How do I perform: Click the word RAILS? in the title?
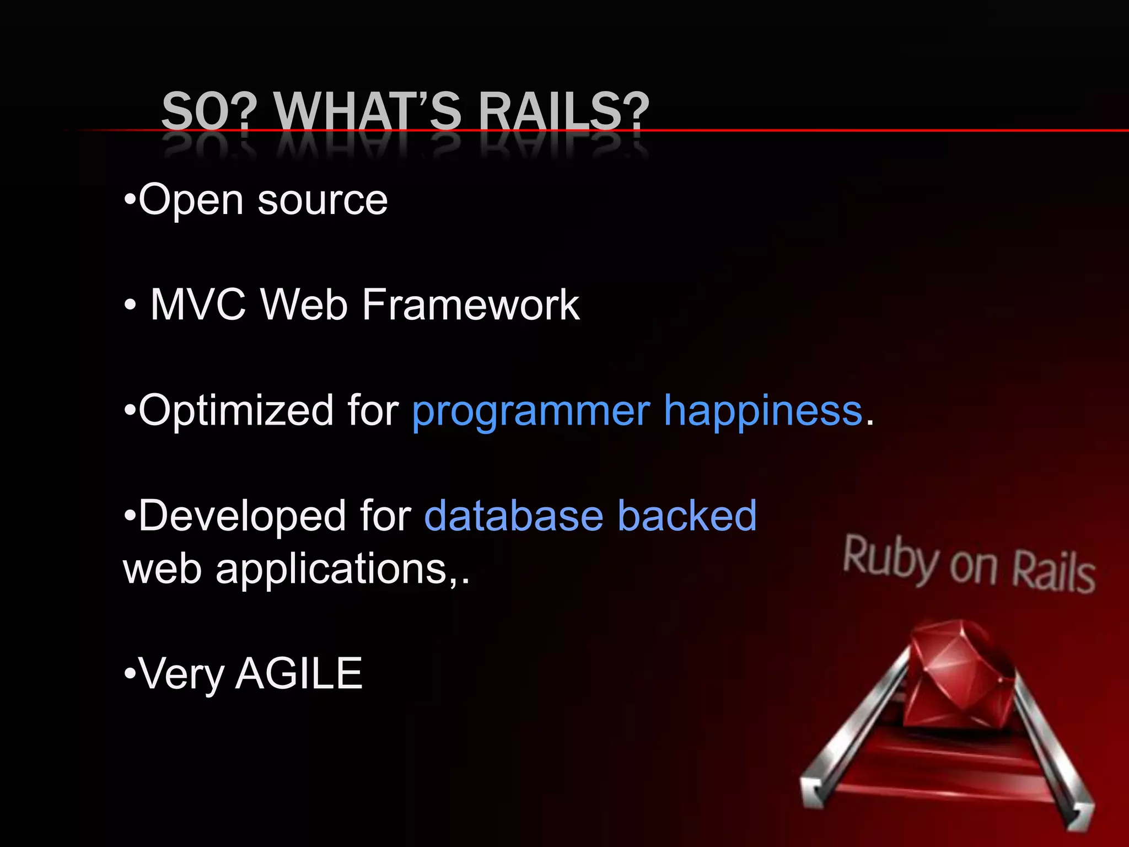(563, 111)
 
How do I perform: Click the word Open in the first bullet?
(191, 200)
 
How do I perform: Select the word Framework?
(471, 304)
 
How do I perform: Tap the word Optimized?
(236, 411)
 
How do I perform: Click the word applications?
(331, 570)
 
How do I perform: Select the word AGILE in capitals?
(299, 673)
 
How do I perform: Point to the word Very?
(182, 674)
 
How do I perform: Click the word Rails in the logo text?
(1053, 573)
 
